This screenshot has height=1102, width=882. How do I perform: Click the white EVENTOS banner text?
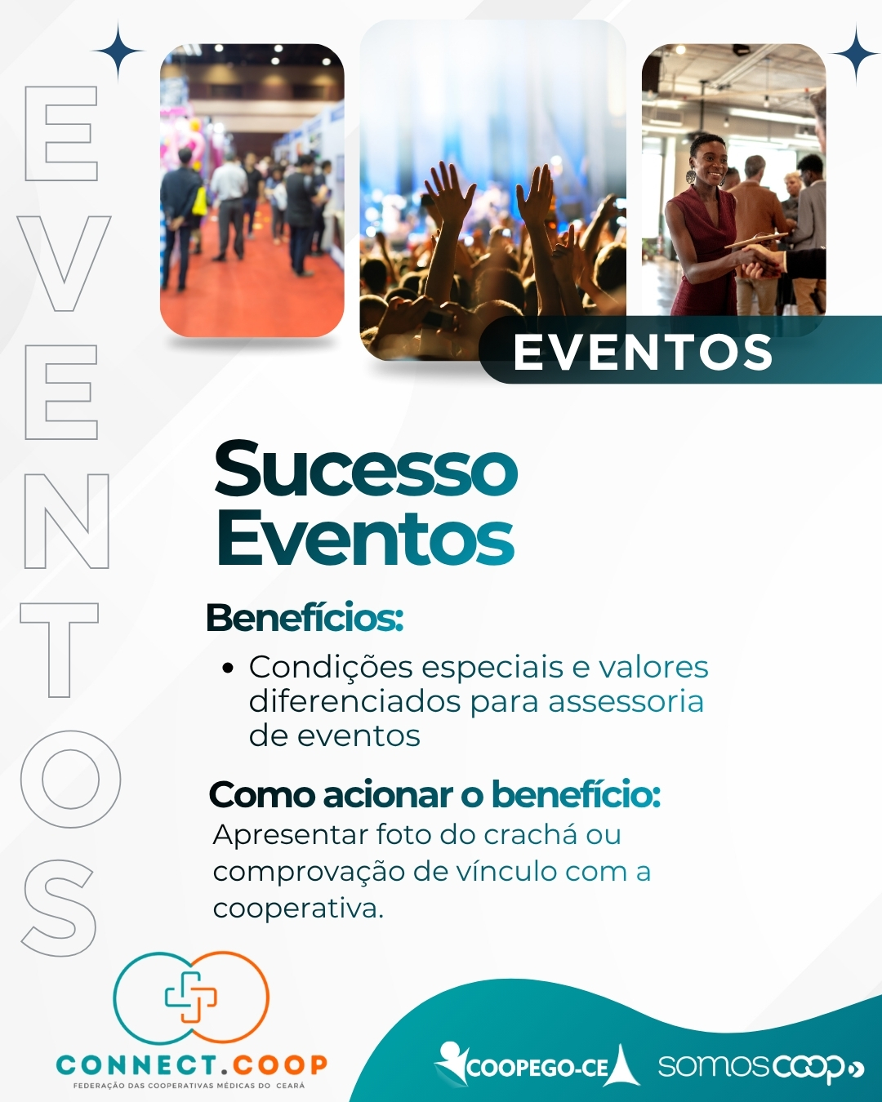point(644,353)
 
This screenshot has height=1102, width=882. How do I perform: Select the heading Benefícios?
point(305,618)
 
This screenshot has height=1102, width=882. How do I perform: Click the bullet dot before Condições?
point(229,669)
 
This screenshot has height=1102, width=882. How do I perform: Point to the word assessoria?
point(626,701)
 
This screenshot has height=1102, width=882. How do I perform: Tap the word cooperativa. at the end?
point(298,909)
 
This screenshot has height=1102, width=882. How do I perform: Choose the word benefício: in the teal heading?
point(576,795)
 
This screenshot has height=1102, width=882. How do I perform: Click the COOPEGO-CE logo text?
point(537,1069)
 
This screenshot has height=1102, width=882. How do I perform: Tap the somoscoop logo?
point(761,1067)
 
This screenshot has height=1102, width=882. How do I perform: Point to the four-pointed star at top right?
point(855,54)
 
